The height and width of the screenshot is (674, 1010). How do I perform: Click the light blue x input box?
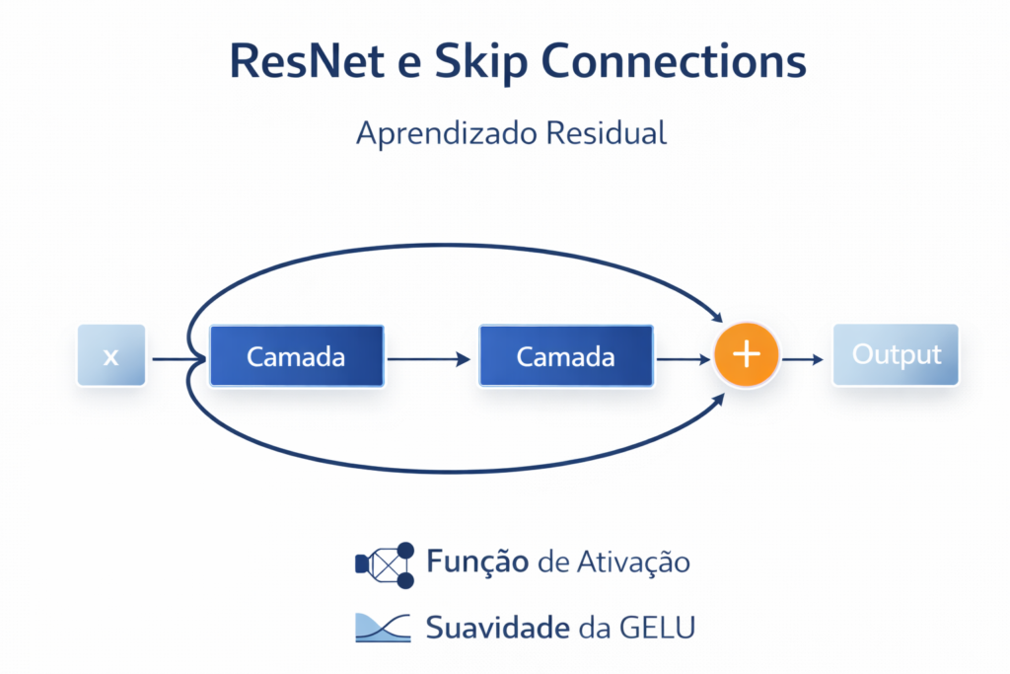click(110, 355)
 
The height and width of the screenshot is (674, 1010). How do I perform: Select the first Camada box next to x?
click(296, 355)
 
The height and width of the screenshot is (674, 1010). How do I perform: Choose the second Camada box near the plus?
click(565, 355)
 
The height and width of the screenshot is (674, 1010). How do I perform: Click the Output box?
click(896, 354)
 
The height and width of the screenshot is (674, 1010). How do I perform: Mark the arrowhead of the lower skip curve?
click(719, 396)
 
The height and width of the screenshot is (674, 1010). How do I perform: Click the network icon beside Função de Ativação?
click(385, 563)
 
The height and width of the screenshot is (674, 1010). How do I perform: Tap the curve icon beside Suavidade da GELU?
click(383, 628)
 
